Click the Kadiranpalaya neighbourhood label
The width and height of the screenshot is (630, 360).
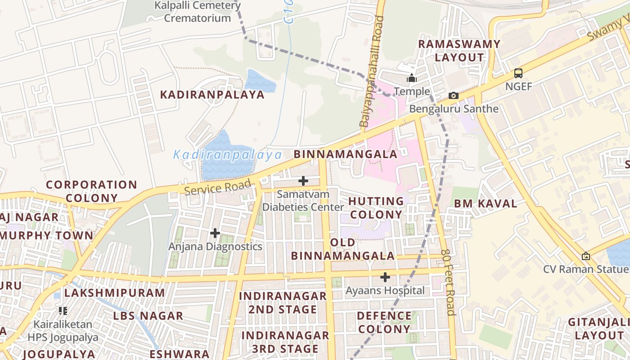pos(213,94)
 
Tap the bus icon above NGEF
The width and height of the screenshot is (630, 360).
pos(518,73)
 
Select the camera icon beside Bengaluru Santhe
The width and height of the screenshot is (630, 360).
pos(454,95)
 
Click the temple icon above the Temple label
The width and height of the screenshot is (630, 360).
pos(412,78)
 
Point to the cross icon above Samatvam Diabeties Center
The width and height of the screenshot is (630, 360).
pos(303,181)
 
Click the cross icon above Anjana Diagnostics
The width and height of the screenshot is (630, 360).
pos(215,233)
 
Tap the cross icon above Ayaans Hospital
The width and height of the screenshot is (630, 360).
pos(385,277)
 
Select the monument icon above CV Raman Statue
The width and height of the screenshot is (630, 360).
pos(586,256)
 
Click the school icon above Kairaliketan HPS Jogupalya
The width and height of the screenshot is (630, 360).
pos(63,310)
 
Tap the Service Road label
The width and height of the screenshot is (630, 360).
pos(217,188)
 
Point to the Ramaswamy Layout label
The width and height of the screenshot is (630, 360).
pos(459,51)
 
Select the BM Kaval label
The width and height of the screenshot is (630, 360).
pos(486,203)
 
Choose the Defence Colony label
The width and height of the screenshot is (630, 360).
pos(384,322)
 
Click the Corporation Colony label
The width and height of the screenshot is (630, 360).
pos(91,191)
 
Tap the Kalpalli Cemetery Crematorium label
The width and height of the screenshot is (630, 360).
pos(198,12)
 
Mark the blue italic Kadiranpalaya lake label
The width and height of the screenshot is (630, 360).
pos(228,155)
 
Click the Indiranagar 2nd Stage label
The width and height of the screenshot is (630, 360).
pos(283,302)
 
